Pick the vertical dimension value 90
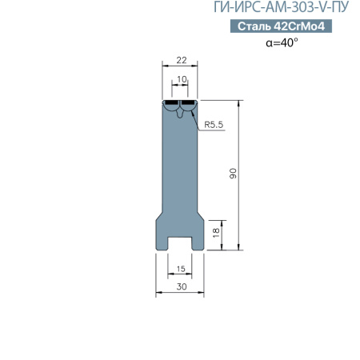pos(233,175)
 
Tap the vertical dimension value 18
pos(216,233)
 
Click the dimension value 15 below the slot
pos(180,269)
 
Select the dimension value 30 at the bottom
pos(180,285)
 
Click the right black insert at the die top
pos(190,103)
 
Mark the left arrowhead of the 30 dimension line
pos(157,293)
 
